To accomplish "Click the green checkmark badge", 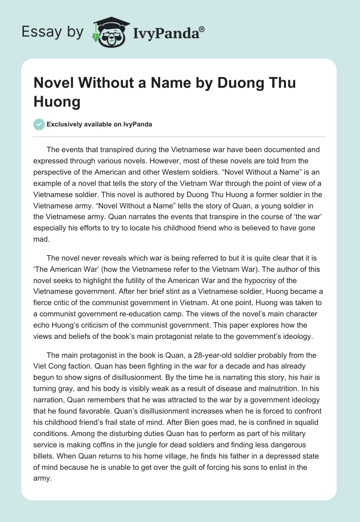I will [39, 124].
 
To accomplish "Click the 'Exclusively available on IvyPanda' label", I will [99, 124].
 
